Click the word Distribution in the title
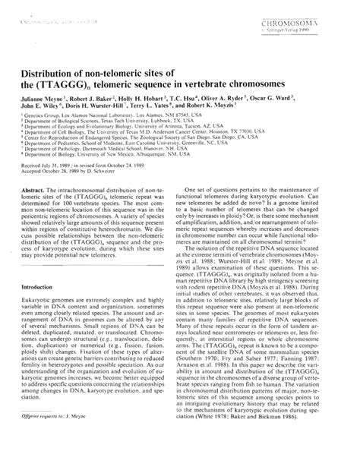click(51, 72)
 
